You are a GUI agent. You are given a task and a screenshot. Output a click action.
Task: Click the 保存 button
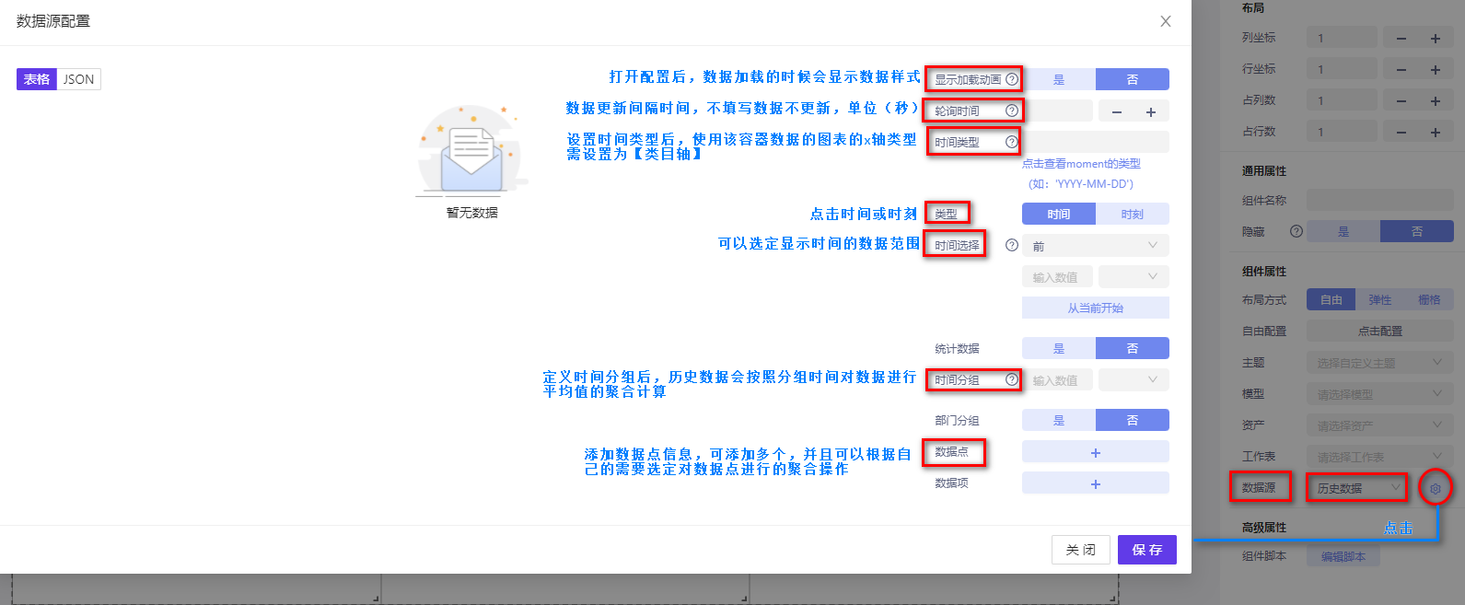[x=1146, y=550]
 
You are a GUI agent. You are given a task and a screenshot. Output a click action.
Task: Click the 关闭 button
[x=1080, y=550]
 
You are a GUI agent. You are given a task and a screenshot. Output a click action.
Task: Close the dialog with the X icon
[x=1166, y=21]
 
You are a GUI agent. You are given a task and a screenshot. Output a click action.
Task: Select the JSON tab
[x=78, y=79]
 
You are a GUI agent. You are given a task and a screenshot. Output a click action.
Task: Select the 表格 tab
[x=37, y=79]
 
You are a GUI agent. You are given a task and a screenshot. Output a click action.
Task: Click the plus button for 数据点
[x=1095, y=452]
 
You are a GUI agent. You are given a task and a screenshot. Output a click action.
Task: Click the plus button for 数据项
[x=1095, y=483]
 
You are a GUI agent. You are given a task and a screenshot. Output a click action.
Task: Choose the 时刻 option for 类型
[x=1132, y=214]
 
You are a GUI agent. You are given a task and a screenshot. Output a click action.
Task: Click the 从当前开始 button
[x=1095, y=308]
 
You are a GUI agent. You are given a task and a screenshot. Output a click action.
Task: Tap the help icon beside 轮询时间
[x=1012, y=111]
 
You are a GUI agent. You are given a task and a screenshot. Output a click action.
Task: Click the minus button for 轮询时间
[x=1116, y=111]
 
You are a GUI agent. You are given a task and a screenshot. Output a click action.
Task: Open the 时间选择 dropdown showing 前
[x=1095, y=246]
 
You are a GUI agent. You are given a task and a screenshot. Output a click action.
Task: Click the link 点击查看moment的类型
[x=1081, y=164]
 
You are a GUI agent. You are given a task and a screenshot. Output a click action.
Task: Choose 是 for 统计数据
[x=1059, y=348]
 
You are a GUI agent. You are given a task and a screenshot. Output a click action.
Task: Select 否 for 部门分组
[x=1132, y=420]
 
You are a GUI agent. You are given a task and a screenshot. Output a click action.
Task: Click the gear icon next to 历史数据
[x=1435, y=488]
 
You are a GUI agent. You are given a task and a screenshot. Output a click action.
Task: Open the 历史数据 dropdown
[x=1356, y=488]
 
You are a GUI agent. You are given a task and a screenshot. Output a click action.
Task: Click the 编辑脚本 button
[x=1343, y=556]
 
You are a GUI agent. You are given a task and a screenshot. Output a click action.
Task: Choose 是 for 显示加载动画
[x=1059, y=79]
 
